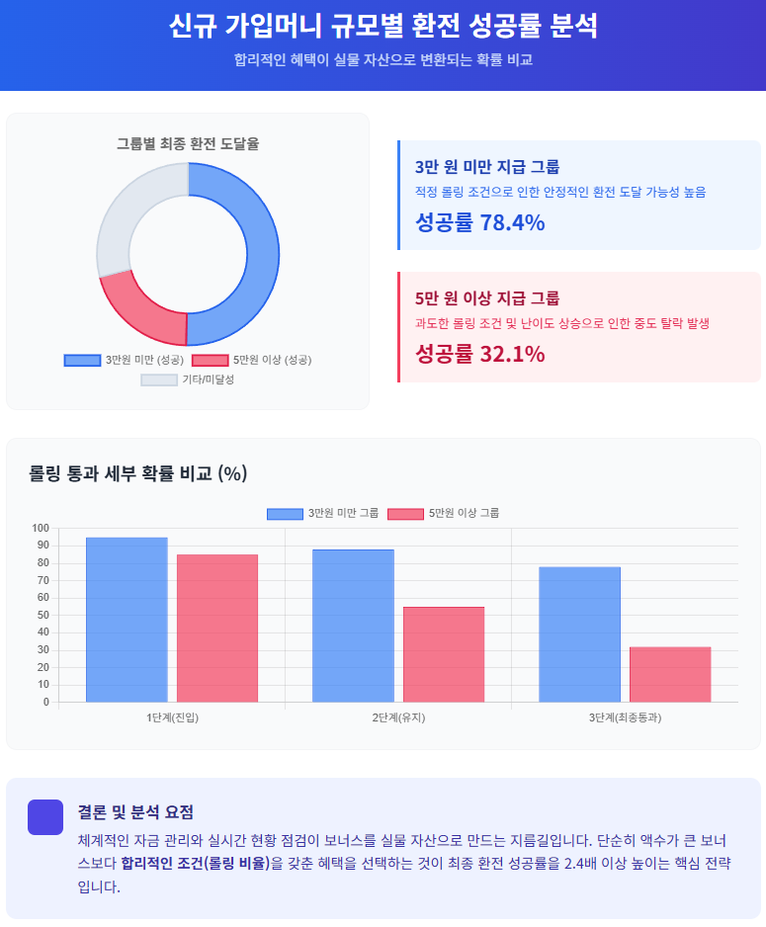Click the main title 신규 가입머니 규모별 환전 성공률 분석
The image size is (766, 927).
point(383,26)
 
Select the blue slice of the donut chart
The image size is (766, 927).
point(262,252)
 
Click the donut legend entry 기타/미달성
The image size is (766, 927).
point(188,379)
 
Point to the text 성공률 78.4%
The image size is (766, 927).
point(480,222)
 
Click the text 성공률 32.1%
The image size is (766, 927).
point(480,353)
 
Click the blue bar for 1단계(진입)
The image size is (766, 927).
point(127,620)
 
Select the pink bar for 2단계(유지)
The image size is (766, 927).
point(444,654)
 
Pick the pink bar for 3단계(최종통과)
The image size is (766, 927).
point(670,674)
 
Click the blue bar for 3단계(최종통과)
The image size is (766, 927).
point(579,634)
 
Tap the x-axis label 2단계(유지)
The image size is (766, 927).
point(398,717)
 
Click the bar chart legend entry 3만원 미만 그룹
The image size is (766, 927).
point(323,513)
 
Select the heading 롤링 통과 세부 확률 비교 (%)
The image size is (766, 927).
point(137,473)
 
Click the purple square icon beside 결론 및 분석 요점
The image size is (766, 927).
point(44,816)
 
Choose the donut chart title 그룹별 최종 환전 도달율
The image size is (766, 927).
point(188,143)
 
